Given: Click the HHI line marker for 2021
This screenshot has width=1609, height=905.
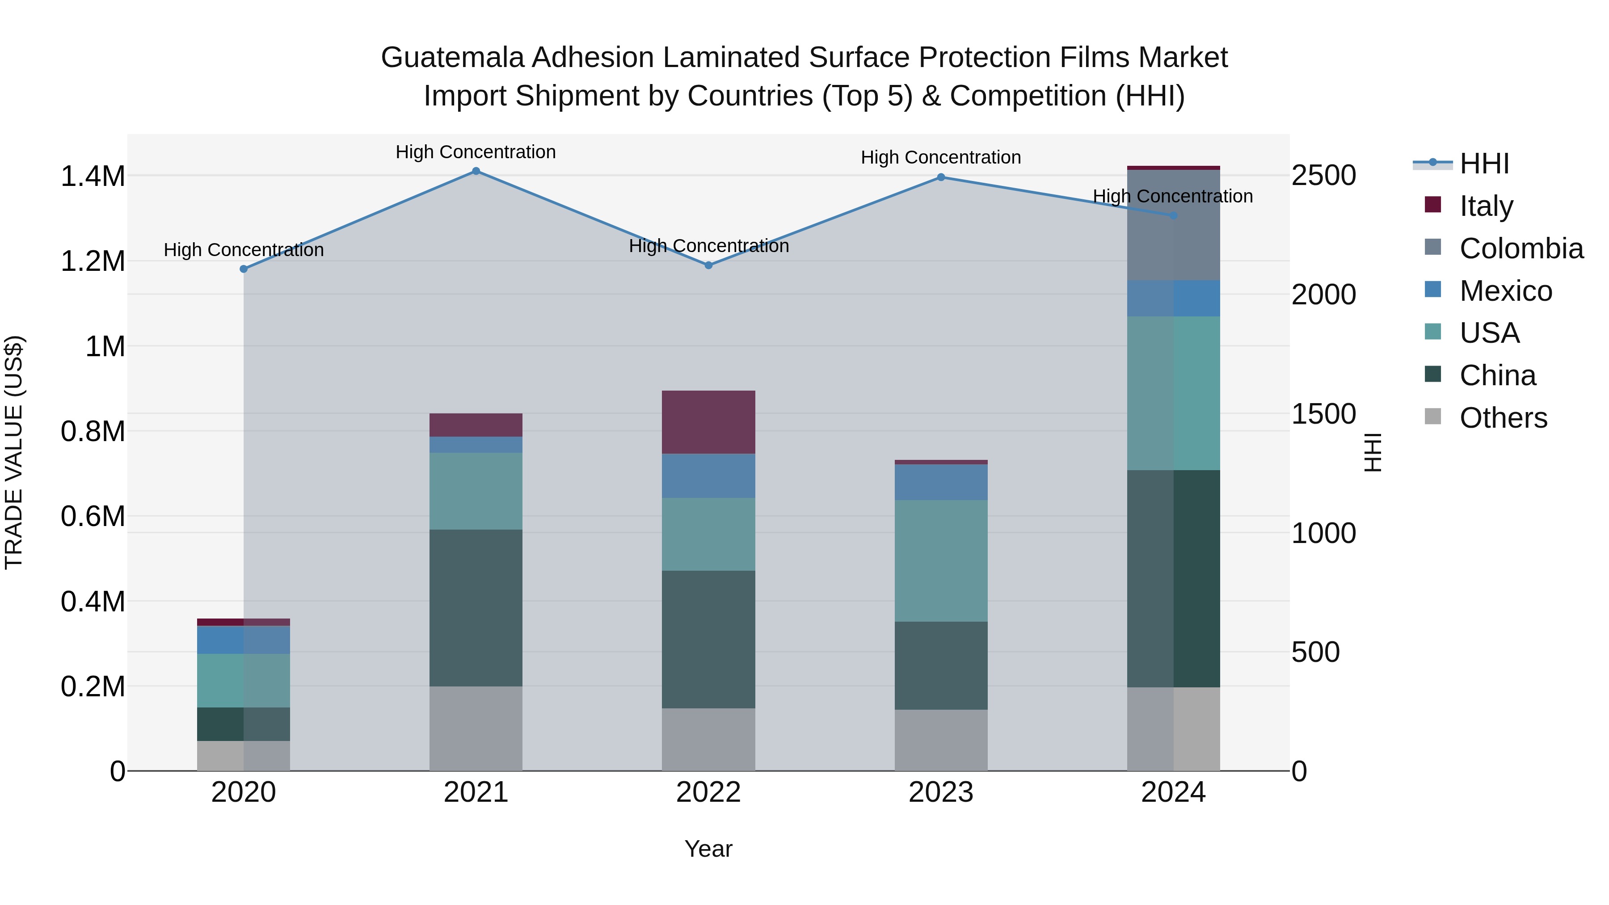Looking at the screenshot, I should [476, 171].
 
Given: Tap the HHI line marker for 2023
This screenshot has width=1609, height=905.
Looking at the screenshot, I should [941, 177].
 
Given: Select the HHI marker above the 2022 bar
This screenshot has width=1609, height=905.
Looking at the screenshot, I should [708, 265].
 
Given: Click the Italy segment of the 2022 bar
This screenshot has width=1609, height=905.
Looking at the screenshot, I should [708, 422].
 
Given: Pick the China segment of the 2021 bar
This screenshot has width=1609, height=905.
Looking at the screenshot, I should [476, 608].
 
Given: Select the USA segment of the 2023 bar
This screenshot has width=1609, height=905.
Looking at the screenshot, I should [941, 560].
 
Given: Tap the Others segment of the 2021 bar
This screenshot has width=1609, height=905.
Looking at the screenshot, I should [476, 728].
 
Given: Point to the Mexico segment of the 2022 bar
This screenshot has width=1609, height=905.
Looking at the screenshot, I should [708, 476].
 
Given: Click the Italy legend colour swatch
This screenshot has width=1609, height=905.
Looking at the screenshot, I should [1433, 205].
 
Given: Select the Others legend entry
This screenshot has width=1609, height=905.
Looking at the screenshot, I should [1503, 418].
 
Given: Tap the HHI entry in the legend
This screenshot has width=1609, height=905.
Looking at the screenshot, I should [1484, 164].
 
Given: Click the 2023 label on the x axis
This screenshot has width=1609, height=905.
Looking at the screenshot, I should [941, 792].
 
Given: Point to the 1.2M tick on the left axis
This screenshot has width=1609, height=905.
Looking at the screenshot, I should [93, 261].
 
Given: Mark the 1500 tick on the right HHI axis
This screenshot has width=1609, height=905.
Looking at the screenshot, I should [1323, 414].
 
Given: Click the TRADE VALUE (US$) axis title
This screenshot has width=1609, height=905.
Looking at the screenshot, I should [14, 452].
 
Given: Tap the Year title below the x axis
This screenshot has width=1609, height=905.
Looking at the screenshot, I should [708, 849].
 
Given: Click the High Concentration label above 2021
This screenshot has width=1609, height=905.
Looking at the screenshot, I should [476, 152].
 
